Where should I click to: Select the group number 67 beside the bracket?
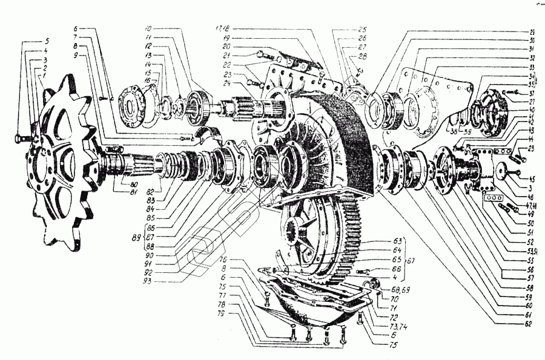pos(414,260)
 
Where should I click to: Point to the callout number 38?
pos(452,131)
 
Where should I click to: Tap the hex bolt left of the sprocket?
pos(19,139)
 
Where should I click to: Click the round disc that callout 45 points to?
pos(503,171)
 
